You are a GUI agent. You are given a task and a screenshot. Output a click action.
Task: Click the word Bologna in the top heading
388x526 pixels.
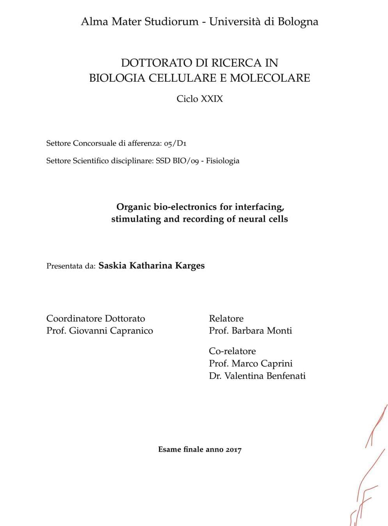coord(298,22)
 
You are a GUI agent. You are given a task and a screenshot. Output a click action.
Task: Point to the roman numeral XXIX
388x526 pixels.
coord(212,99)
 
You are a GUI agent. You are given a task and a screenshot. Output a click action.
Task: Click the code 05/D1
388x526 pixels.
coord(175,143)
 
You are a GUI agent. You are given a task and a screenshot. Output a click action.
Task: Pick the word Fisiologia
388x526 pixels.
coord(222,161)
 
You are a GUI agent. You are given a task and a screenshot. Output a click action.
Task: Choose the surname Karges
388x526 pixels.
coord(190,266)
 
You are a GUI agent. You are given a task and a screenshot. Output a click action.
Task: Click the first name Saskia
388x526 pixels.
coord(112,266)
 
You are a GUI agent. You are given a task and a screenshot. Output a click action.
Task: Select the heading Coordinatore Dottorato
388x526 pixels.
coord(96,318)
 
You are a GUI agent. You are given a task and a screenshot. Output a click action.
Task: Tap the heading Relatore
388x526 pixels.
coord(226,318)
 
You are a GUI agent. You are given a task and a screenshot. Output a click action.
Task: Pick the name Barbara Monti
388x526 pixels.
coord(262,331)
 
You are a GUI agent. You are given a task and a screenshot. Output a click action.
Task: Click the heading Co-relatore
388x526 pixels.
coord(232,351)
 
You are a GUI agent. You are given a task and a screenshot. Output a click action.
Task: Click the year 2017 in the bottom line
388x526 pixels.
coord(233,450)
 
